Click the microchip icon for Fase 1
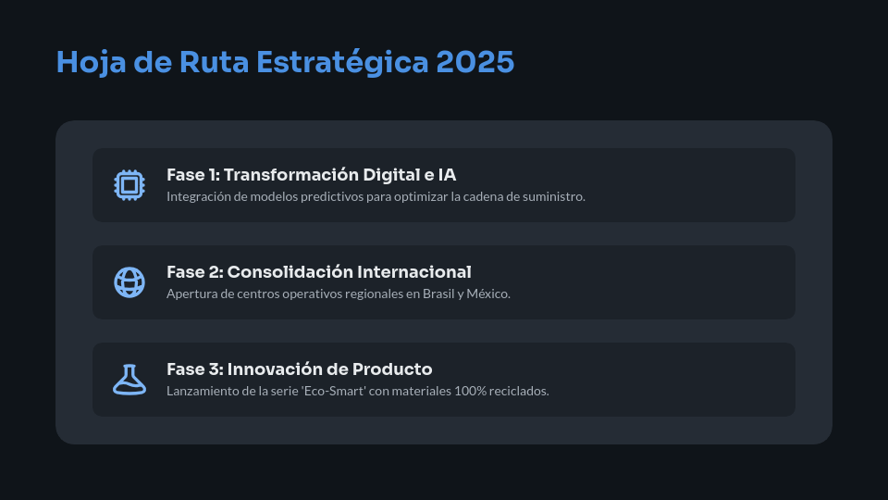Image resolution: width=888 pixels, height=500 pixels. coord(129,185)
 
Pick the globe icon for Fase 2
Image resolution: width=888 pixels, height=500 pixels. coord(129,282)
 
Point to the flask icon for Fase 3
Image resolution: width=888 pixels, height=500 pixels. coord(129,380)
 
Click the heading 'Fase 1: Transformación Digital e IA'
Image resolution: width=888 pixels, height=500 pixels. coord(311,175)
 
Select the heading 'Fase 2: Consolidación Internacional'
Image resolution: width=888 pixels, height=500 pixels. coord(318,272)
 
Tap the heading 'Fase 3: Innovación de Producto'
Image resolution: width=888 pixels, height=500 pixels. coord(299,369)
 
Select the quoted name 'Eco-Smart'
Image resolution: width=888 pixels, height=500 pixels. coord(339,391)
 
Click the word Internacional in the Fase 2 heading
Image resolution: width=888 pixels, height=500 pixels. coord(413,272)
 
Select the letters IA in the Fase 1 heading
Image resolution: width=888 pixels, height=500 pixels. coord(446,175)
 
